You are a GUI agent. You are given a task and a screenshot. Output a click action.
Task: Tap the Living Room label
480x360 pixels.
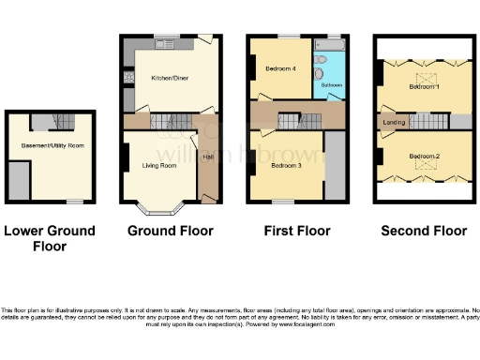point(158,166)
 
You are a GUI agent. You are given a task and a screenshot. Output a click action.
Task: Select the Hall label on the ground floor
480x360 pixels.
point(208,157)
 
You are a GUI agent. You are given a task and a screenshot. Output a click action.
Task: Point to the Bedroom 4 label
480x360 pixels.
point(281,69)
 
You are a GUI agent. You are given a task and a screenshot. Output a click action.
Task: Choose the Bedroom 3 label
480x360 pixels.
point(286,166)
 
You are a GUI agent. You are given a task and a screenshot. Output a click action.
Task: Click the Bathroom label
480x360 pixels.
point(331,85)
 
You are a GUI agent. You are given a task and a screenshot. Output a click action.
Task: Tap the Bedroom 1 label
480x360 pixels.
point(425,87)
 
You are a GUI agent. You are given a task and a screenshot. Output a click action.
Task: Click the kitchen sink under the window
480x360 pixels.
point(166,43)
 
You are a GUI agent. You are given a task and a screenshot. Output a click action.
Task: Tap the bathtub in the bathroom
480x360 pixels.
point(332,45)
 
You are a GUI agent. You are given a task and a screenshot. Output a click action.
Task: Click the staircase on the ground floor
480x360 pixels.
point(172,120)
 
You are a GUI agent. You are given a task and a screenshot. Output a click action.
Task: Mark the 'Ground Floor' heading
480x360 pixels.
point(170,231)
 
